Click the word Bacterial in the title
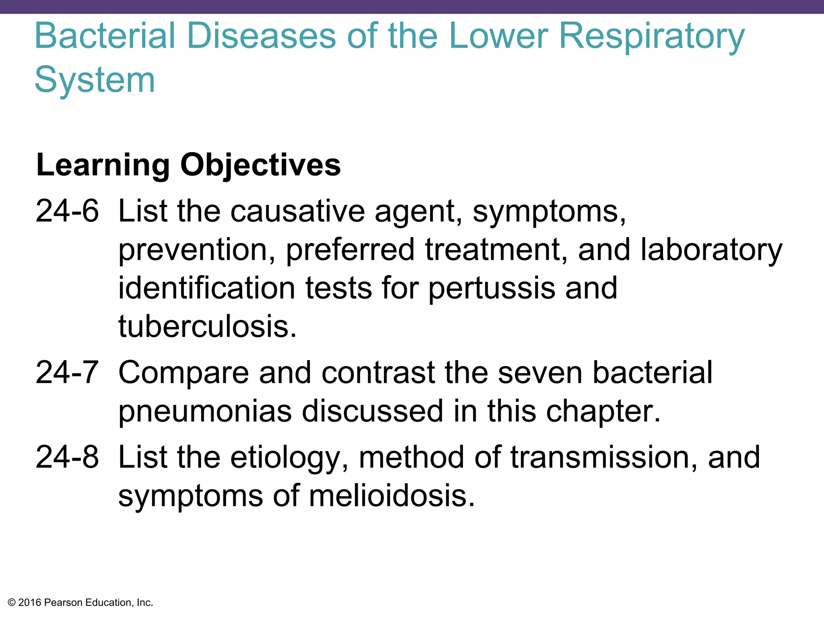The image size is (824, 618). pos(105,36)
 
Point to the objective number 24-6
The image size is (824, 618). pos(67,211)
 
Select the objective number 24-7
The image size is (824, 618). pos(67,373)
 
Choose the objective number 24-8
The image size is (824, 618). pos(67,457)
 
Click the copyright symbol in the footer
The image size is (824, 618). pos(12,603)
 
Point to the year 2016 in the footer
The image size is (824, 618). pos(30,603)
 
